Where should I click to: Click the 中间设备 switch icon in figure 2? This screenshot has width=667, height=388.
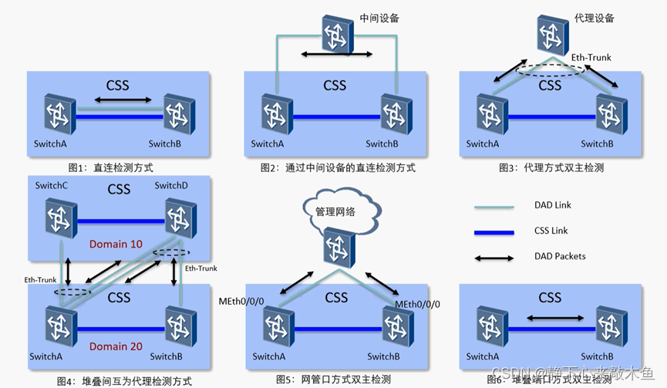pyautogui.click(x=337, y=33)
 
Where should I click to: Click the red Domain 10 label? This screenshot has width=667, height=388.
pyautogui.click(x=116, y=245)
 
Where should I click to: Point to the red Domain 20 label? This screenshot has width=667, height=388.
pyautogui.click(x=115, y=346)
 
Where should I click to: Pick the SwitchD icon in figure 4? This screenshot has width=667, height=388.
pyautogui.click(x=178, y=220)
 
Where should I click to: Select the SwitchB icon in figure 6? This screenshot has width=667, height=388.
pyautogui.click(x=609, y=325)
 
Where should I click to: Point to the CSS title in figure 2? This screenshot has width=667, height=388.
pyautogui.click(x=335, y=85)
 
